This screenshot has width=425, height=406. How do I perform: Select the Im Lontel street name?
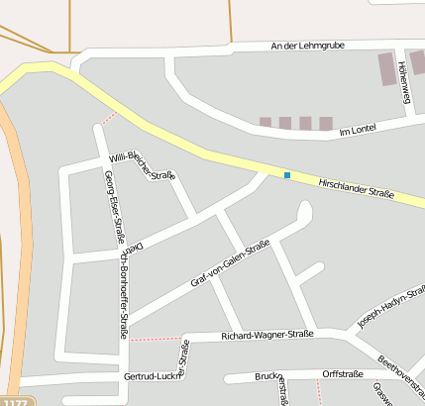click(x=359, y=130)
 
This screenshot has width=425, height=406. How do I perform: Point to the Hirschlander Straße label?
click(x=356, y=187)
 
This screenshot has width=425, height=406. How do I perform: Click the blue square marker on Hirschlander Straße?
click(x=287, y=175)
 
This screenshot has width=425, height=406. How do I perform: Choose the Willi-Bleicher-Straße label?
click(x=142, y=165)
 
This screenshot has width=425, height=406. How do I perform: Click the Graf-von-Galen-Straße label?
click(x=230, y=265)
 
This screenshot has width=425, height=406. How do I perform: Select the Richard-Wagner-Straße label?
click(x=268, y=334)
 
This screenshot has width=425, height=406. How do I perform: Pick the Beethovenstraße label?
click(x=400, y=373)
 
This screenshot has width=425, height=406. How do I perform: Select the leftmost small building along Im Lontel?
click(x=265, y=123)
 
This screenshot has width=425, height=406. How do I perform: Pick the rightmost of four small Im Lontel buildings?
click(x=325, y=123)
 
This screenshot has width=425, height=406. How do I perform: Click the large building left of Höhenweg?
click(x=386, y=68)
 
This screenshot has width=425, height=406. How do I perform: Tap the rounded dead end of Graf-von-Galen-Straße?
click(x=304, y=210)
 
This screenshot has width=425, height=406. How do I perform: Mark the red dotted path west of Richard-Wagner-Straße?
click(x=155, y=339)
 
